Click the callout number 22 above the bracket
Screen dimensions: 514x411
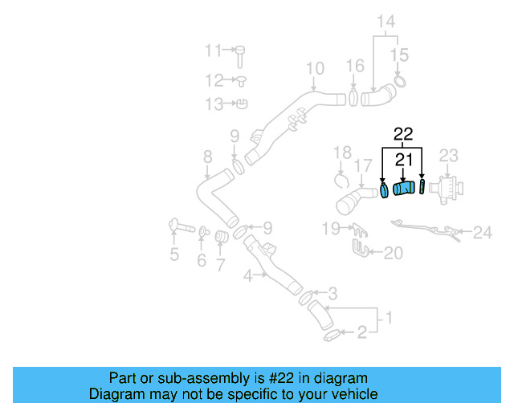[402, 134]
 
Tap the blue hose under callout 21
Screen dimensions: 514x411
[404, 189]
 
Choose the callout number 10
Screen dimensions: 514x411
[315, 68]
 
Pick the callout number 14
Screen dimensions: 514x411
[387, 21]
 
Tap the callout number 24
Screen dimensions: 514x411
[482, 233]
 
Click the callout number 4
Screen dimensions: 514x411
[248, 276]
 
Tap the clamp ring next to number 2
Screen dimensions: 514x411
[330, 335]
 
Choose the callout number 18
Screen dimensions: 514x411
[343, 152]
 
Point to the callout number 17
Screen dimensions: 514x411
[364, 165]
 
